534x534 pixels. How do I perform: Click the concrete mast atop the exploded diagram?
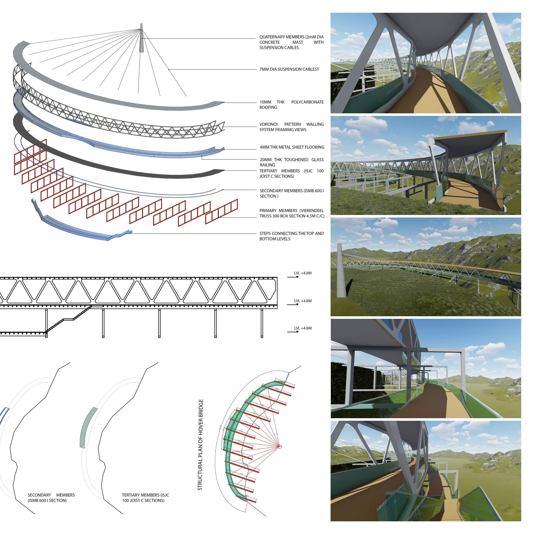(x=141, y=39)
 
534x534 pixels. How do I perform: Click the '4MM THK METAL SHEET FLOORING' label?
(x=292, y=147)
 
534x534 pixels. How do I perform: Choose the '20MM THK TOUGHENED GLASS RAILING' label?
(x=291, y=162)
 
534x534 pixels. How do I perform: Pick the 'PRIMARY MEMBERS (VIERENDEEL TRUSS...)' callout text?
(x=292, y=213)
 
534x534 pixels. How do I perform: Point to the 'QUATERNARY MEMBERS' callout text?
(x=291, y=42)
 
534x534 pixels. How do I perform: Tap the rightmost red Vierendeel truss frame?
(x=221, y=212)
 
